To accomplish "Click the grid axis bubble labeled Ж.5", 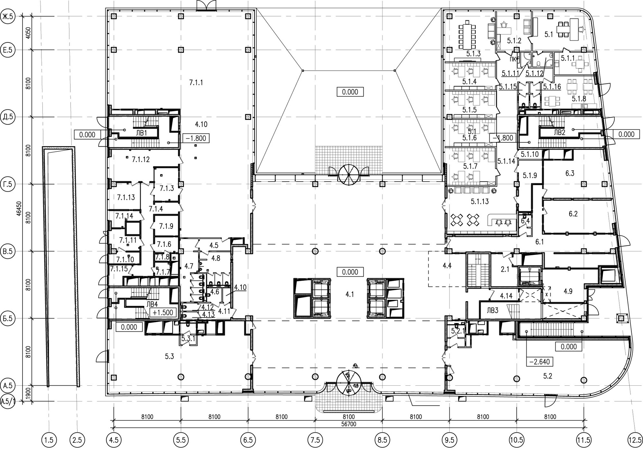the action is coord(8,16).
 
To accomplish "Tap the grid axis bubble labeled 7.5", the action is coord(315,439).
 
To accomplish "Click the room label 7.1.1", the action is coord(196,83).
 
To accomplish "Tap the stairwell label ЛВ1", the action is coord(141,133).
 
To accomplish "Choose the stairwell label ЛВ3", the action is coord(492,310).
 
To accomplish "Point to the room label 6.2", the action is coord(573,214).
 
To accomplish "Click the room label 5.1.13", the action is coord(480,202).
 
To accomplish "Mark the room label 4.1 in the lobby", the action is coord(349,294).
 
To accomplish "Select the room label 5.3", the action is coord(169,356).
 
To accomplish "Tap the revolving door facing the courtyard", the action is coord(349,175).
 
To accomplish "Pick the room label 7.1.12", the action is coord(141,159).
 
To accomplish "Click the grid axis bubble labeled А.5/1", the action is coord(8,402).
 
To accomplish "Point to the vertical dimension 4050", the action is coord(28,33).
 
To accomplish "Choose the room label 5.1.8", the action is coord(579,99).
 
